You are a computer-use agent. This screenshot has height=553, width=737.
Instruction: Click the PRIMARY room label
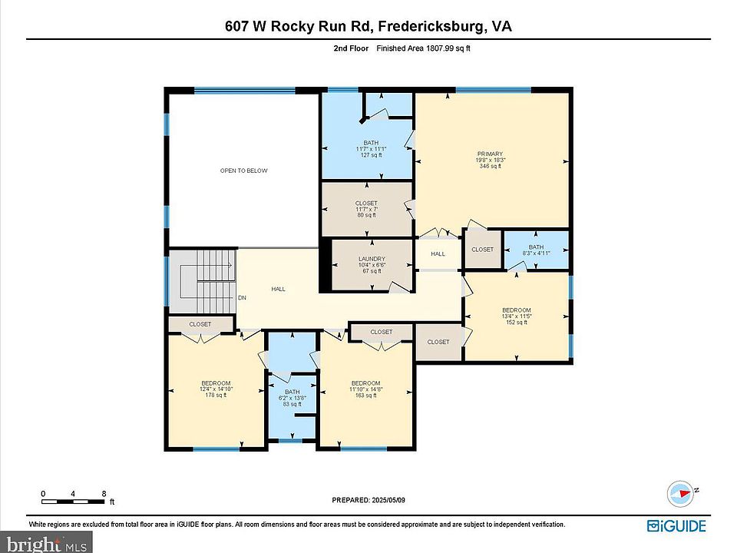click(x=491, y=154)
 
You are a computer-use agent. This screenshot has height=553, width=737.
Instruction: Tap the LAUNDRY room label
click(x=371, y=259)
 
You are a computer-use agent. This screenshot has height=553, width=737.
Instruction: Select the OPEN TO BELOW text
click(x=243, y=171)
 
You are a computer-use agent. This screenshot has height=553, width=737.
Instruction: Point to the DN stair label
click(x=242, y=298)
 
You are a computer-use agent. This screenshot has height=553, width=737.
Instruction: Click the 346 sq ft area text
click(x=491, y=166)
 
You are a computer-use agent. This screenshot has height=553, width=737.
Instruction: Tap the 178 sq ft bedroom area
click(x=216, y=396)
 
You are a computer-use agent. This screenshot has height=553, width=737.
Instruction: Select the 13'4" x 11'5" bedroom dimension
click(x=517, y=316)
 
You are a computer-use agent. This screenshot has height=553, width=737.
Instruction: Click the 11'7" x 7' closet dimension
click(x=366, y=209)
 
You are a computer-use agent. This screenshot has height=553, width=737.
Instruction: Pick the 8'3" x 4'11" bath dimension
click(x=536, y=253)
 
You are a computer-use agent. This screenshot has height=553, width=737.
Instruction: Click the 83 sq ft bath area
click(x=292, y=404)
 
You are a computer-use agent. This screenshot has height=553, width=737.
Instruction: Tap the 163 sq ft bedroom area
click(x=365, y=396)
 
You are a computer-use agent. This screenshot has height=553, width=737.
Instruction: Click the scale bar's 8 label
click(x=103, y=493)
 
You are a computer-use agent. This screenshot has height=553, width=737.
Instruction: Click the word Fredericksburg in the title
click(x=424, y=26)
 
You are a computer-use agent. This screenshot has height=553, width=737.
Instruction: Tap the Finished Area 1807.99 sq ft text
click(x=422, y=48)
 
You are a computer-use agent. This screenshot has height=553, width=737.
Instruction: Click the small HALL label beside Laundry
click(x=438, y=254)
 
